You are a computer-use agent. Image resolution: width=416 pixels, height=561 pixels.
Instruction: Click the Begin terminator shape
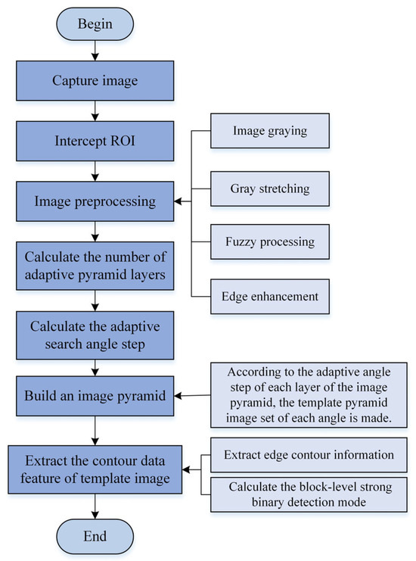coord(93,23)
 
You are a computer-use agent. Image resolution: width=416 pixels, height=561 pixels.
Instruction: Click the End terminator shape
coord(93,536)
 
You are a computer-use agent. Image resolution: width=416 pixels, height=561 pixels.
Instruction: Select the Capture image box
coord(93,81)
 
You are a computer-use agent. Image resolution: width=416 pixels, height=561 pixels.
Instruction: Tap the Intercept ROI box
coord(93,141)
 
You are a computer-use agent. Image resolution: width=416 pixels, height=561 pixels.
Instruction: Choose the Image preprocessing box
coord(93,201)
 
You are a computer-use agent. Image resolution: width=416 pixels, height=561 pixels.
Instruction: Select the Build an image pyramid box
coord(93,394)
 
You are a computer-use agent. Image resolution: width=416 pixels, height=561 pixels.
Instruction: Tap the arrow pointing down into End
coord(93,507)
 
